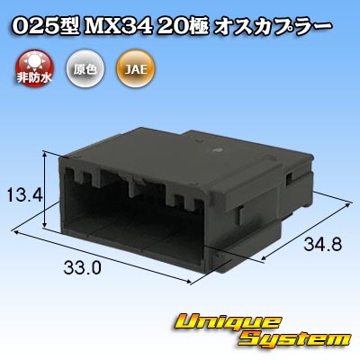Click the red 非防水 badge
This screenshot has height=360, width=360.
click(33, 68)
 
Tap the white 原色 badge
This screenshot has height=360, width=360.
click(85, 68)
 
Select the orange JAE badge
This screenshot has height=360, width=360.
click(136, 68)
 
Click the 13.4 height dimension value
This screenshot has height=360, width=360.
click(25, 195)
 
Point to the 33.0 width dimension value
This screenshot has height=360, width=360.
click(82, 267)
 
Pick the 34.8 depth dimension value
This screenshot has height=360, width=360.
click(323, 244)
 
